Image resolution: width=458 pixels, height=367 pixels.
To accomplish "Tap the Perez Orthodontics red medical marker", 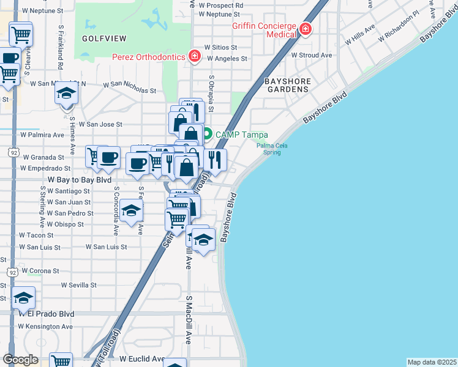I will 195,57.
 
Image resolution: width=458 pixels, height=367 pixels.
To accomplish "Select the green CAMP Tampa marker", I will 207,133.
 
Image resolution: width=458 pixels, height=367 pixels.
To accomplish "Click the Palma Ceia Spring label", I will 272,149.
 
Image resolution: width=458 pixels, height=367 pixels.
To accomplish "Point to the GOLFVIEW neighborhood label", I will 104,39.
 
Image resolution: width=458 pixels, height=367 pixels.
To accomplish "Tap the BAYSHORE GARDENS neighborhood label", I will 287,85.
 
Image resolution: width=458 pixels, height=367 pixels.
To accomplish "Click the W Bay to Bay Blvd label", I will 80,180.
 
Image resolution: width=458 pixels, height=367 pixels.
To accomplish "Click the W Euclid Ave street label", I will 142,358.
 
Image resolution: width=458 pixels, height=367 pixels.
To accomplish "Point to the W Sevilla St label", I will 79,285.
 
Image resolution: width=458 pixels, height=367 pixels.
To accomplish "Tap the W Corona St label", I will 40,270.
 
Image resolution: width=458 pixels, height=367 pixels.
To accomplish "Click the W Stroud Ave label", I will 312,55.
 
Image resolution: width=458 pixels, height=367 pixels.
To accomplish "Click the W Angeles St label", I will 227,59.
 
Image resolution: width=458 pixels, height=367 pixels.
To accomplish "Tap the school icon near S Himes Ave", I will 66,94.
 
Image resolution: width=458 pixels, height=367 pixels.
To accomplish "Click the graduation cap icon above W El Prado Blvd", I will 24,298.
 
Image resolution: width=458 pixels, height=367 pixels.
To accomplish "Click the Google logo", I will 20,360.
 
